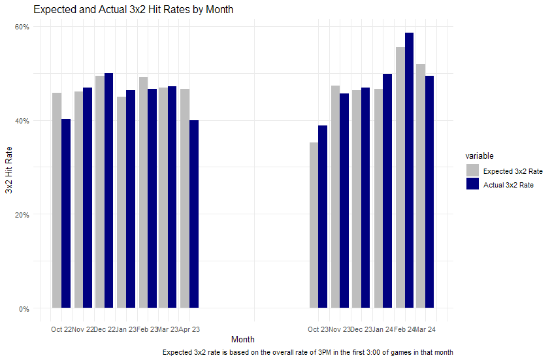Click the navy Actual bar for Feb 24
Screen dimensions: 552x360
[409, 170]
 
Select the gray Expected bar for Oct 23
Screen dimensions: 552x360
[314, 225]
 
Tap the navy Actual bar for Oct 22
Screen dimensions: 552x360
[66, 214]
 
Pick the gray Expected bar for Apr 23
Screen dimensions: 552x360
[185, 199]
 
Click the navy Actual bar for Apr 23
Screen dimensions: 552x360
[194, 214]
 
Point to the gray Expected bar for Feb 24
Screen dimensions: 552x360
[400, 178]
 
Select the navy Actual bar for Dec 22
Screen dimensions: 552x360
[109, 191]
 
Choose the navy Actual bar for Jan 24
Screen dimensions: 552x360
[387, 191]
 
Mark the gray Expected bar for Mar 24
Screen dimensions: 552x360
[421, 186]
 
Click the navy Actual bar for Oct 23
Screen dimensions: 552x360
[323, 217]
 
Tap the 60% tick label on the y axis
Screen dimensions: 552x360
[22, 27]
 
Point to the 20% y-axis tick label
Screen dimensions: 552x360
[22, 214]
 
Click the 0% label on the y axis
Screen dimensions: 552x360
[24, 308]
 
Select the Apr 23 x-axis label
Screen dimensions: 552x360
[189, 329]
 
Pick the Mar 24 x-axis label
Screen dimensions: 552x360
[425, 329]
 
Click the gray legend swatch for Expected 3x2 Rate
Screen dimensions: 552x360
[472, 170]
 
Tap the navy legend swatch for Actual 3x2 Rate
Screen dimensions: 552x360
[472, 184]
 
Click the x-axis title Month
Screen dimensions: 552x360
[243, 339]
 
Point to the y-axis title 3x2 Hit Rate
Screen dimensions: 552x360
[8, 170]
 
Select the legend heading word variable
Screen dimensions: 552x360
[479, 155]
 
